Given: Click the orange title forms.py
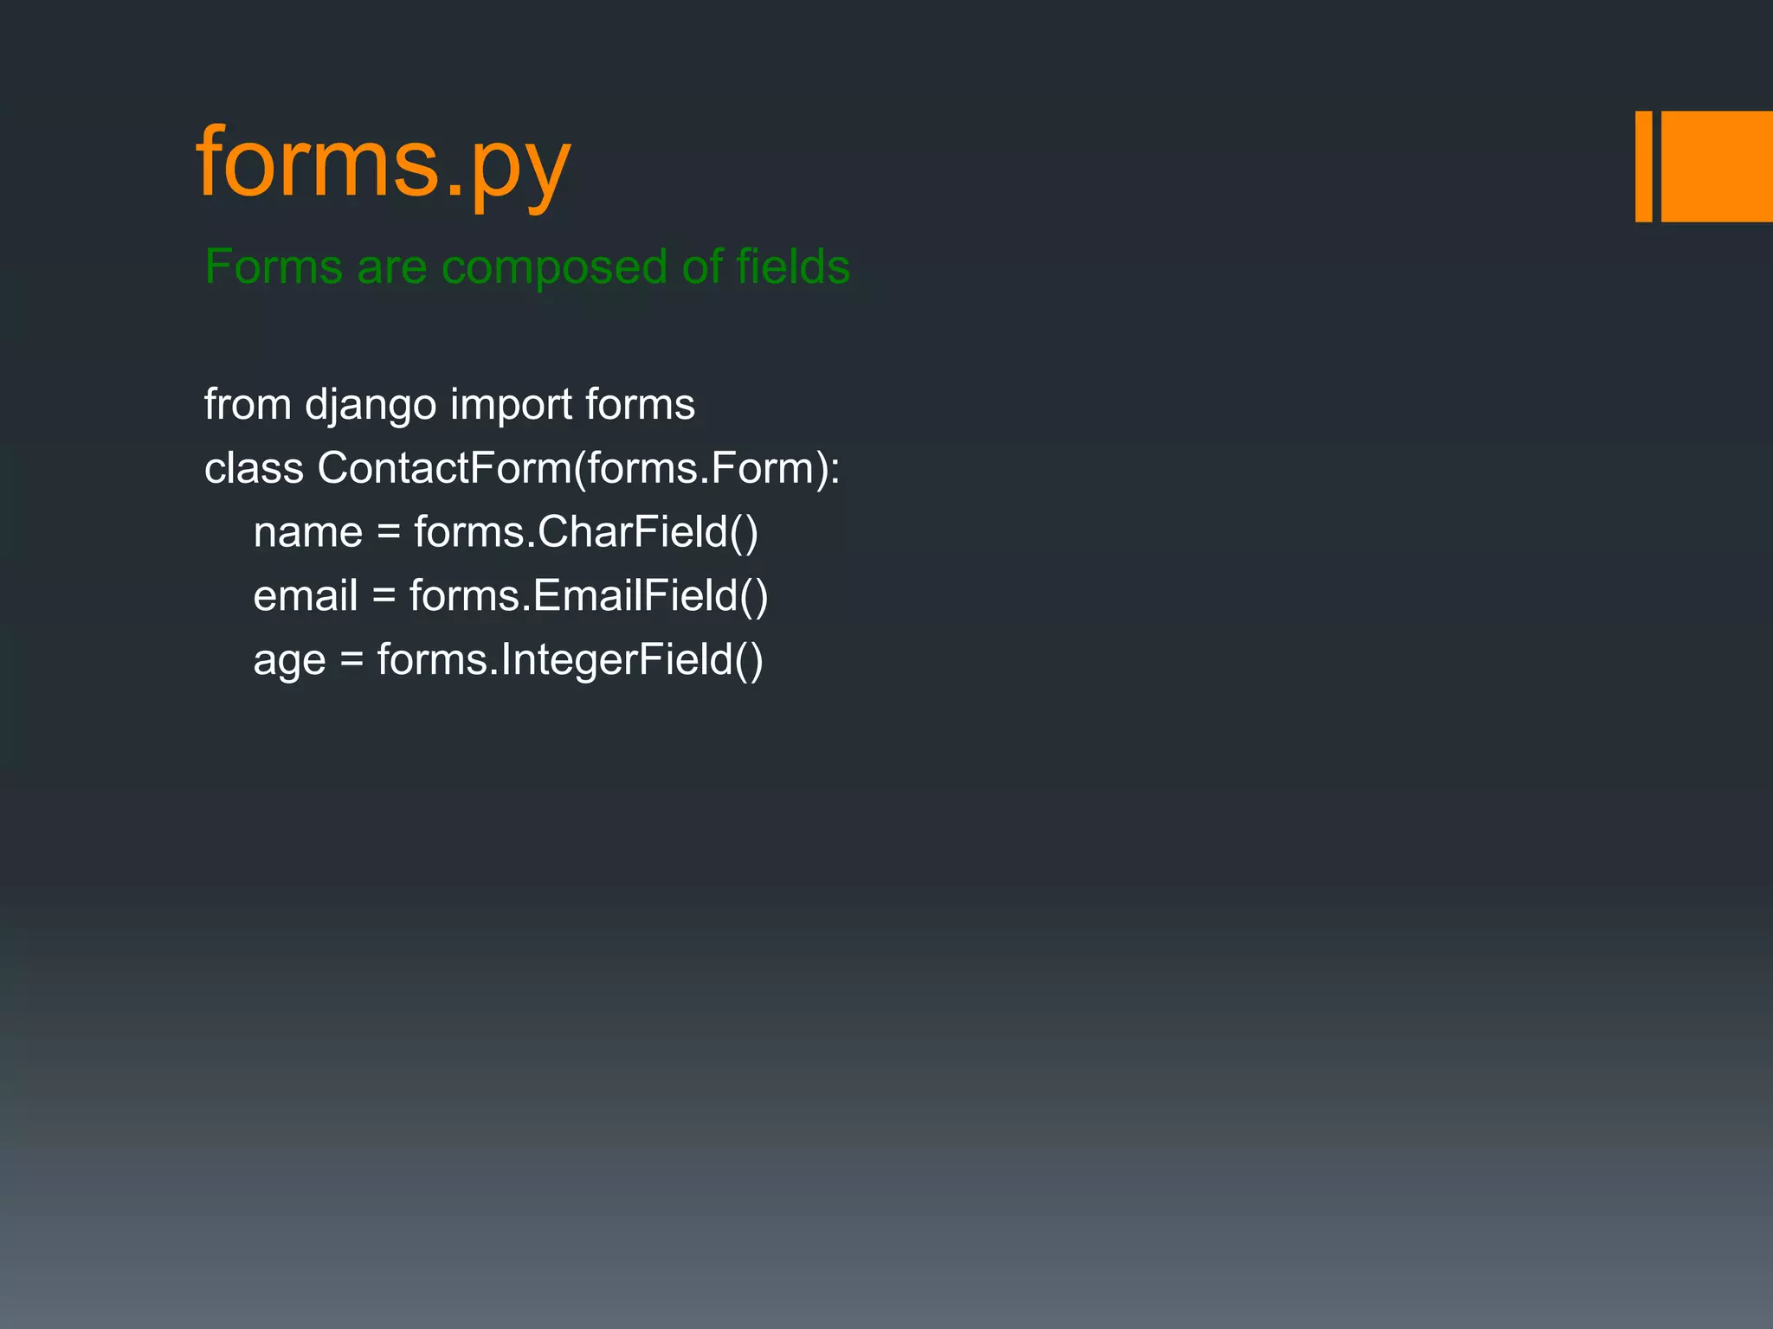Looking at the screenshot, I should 383,164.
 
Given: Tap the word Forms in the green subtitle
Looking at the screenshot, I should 273,266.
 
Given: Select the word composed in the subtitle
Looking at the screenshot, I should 554,268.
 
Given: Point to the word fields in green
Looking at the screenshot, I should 793,266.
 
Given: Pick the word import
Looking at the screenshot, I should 511,405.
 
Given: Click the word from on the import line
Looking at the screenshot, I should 248,404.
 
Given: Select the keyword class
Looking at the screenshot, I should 254,468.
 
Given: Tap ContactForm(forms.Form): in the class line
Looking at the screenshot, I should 578,468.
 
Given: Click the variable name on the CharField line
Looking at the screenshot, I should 307,533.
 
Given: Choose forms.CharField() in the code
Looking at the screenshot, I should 586,532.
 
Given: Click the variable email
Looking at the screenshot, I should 305,596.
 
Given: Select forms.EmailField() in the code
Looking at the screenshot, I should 589,596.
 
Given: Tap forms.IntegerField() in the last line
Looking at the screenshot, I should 571,660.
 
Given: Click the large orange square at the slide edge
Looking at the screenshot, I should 1717,166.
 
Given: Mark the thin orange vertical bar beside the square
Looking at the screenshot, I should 1643,166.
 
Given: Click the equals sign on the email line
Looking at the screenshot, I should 384,596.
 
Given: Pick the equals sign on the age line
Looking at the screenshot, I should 351,660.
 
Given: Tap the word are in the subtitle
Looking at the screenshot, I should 391,268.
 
